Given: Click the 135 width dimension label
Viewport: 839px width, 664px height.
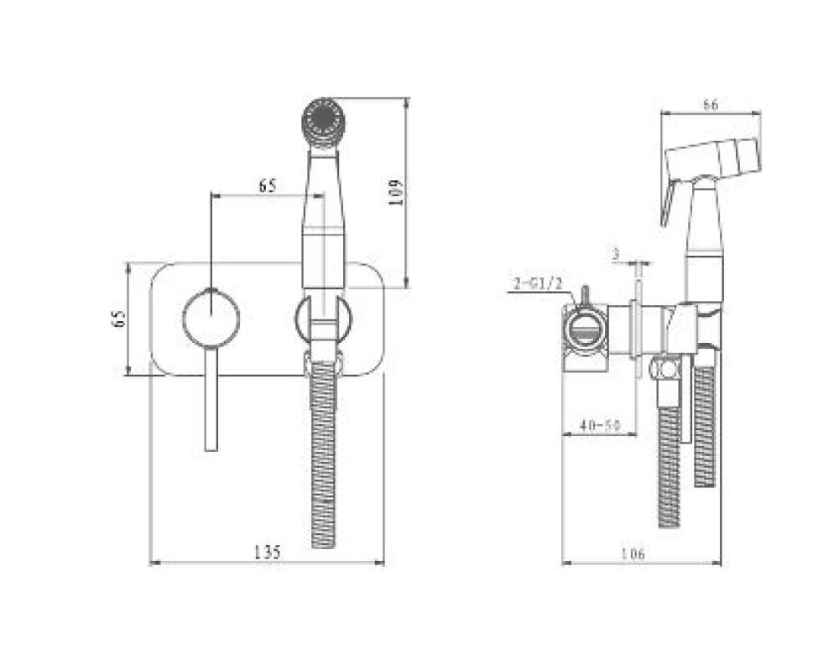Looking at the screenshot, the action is [x=267, y=552].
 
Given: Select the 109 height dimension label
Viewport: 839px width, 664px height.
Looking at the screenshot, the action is [x=395, y=193].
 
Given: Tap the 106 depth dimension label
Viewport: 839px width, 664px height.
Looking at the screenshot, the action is [x=633, y=554].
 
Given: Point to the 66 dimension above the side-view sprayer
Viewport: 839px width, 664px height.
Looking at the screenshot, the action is [x=711, y=105].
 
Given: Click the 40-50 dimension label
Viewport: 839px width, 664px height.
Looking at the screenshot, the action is [x=600, y=425].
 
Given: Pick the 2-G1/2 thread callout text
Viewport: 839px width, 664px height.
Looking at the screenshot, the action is [x=538, y=283].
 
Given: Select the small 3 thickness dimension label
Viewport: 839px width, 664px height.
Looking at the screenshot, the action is [x=616, y=254].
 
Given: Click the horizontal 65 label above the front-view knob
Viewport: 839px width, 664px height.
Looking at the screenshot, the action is [x=268, y=185].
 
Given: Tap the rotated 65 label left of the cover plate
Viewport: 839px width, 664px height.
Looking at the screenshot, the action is [x=119, y=319].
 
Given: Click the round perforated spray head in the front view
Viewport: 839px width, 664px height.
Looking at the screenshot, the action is [x=323, y=122].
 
